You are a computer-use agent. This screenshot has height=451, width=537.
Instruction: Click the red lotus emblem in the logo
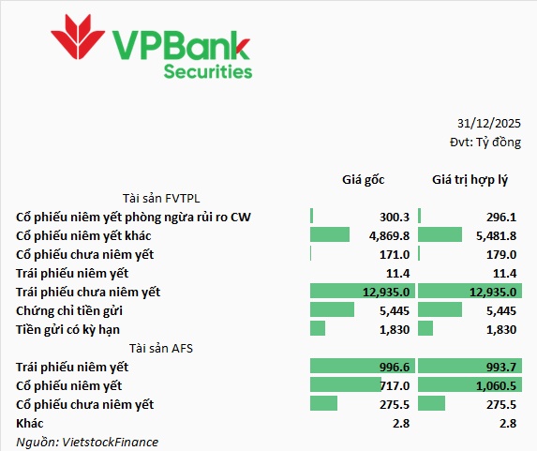[78, 37]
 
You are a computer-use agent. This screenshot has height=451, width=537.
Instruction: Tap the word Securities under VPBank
[208, 72]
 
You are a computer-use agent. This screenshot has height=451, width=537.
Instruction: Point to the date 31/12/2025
[488, 124]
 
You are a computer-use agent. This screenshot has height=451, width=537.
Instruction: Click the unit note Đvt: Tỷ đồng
[485, 143]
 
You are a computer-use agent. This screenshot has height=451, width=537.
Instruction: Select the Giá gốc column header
[364, 180]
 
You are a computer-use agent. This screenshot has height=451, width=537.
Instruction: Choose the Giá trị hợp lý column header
[470, 180]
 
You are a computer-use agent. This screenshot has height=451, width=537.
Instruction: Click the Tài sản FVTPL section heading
[161, 199]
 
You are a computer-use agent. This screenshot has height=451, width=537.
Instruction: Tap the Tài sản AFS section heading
[161, 348]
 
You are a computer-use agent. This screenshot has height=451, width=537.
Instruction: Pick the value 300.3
[395, 217]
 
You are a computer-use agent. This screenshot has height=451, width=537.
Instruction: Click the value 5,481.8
[497, 235]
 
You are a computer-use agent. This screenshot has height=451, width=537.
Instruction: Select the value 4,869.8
[389, 235]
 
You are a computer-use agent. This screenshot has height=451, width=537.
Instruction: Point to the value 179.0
[501, 255]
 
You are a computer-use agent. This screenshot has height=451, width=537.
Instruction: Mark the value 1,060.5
[497, 386]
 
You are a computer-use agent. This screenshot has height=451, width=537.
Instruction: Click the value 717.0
[395, 386]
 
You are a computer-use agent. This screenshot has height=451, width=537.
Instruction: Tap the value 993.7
[501, 367]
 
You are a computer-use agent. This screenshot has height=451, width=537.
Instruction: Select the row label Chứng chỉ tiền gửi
[69, 311]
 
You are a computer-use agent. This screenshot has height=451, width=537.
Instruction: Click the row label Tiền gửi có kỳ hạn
[67, 330]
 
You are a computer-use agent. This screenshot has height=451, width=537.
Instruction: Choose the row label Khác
[30, 423]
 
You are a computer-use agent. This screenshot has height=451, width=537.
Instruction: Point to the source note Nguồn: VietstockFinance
[87, 442]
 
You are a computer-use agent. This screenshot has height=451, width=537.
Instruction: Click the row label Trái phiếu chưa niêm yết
[88, 292]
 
